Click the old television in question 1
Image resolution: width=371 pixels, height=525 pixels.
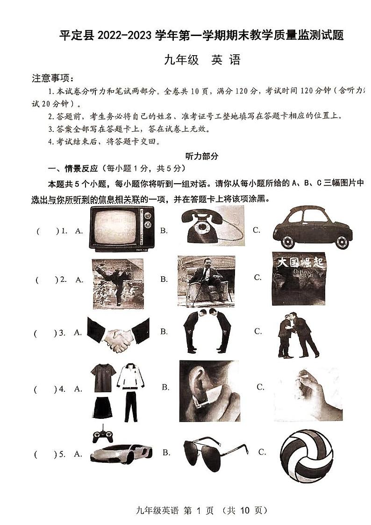(122, 229)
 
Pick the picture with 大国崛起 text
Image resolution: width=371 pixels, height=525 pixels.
(298, 279)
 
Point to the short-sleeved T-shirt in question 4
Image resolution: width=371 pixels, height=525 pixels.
(103, 378)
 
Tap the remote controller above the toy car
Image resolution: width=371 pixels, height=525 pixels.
(103, 434)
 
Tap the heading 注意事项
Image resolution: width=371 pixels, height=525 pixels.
(52, 78)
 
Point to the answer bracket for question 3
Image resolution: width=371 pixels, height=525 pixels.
(46, 333)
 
